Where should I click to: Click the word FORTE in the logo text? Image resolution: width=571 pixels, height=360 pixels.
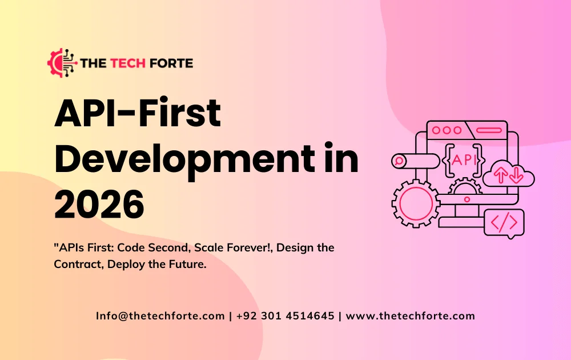[x=170, y=63]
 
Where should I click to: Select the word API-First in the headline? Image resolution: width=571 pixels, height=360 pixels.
[x=137, y=114]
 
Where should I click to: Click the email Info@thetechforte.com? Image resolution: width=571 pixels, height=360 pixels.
[x=160, y=316]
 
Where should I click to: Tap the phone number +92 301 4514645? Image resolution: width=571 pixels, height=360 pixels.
[x=285, y=316]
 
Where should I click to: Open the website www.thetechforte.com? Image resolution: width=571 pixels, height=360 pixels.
[x=411, y=316]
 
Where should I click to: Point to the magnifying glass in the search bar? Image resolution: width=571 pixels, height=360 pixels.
[x=399, y=161]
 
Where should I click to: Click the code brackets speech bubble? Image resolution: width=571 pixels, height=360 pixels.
[x=504, y=222]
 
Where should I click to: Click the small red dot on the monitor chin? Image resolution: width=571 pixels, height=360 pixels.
[x=467, y=200]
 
